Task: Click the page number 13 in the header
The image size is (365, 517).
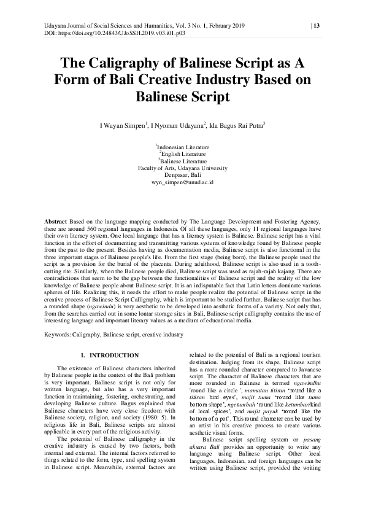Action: pos(316,25)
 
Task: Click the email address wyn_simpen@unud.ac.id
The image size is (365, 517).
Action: pos(182,182)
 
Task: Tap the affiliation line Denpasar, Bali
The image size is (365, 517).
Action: pos(182,175)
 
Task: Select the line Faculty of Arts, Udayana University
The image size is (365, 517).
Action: pos(182,168)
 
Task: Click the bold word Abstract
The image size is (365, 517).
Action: pos(58,220)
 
